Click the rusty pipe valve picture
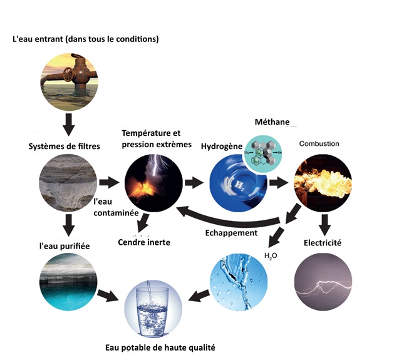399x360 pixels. point(69,82)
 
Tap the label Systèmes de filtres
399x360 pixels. point(64,147)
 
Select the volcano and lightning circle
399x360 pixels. point(153,183)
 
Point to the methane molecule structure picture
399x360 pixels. point(263,153)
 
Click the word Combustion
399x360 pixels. point(319,144)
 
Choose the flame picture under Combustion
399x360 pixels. point(323,183)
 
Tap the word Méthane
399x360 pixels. point(272,122)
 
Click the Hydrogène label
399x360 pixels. point(222,147)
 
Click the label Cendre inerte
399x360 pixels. point(144,242)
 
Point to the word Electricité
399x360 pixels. point(323,243)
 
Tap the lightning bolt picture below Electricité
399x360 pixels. point(323,282)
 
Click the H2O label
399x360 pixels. point(271,255)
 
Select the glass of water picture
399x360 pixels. point(153,309)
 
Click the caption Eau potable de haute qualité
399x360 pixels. point(160,347)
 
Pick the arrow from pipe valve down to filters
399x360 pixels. point(69,125)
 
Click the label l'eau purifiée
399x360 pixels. point(65,246)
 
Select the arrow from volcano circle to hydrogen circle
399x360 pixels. point(194,183)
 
